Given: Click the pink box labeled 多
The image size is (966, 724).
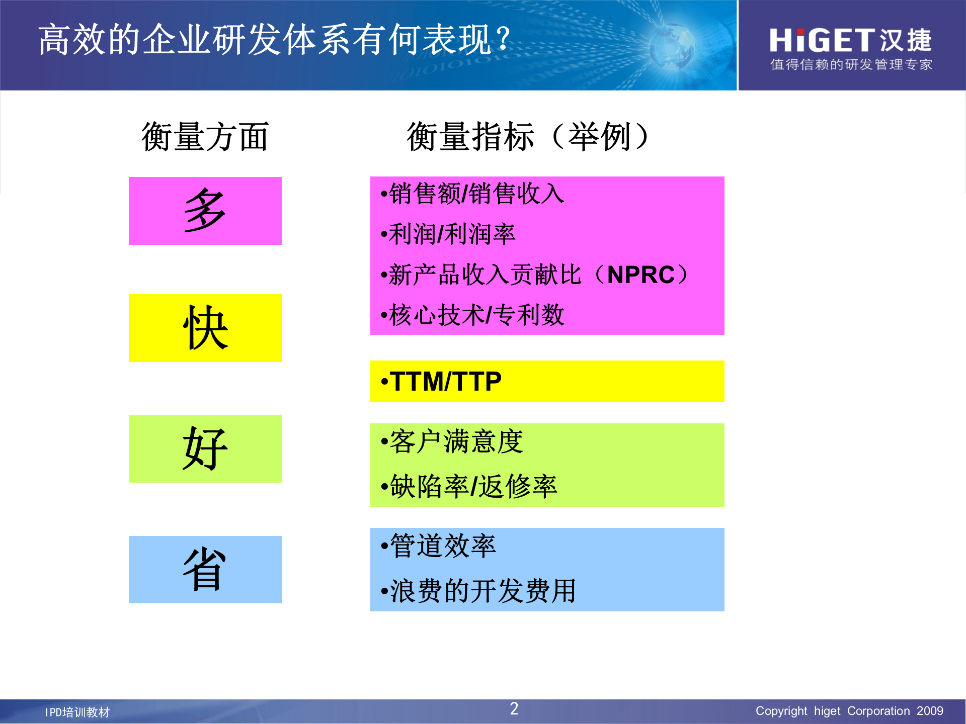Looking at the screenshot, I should [x=205, y=211].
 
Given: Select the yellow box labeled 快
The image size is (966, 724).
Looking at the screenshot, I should [x=205, y=328].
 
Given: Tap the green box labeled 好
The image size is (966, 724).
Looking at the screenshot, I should [x=205, y=448].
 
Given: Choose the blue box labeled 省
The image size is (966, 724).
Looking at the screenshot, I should [x=205, y=569].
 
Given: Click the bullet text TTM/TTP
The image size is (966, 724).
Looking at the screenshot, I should [x=445, y=381].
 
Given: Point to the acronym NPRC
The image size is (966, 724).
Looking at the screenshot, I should [x=640, y=275].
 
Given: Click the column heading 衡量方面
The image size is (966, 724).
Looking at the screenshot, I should [x=205, y=137].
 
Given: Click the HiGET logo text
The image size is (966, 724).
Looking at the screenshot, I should [x=823, y=40].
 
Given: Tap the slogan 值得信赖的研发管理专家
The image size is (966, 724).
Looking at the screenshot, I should [x=851, y=65].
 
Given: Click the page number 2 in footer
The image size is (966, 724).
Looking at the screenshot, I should [x=514, y=709].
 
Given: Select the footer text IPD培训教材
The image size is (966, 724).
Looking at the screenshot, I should [x=77, y=712].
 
